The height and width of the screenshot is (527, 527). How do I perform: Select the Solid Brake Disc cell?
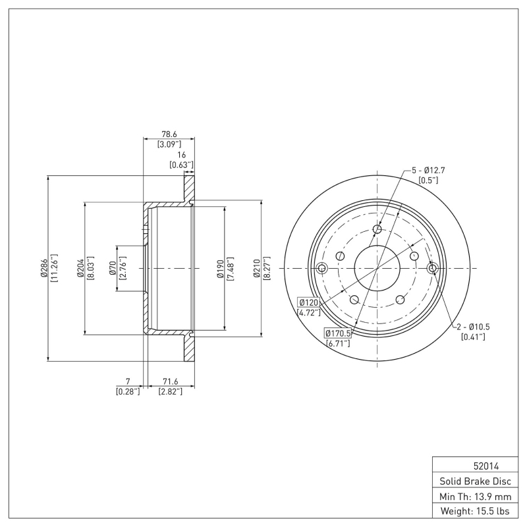click(x=474, y=481)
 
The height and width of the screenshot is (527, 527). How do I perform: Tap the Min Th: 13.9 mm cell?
click(x=474, y=495)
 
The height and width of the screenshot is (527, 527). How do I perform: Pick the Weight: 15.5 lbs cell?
click(x=474, y=511)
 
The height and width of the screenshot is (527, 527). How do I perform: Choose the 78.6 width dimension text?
click(x=169, y=134)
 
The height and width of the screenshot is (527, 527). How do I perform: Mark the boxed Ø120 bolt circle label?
click(x=309, y=302)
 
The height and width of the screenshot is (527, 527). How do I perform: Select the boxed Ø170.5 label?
click(x=337, y=333)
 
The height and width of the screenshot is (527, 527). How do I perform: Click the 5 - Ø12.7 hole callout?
click(x=429, y=170)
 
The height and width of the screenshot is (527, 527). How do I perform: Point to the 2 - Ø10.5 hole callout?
click(x=473, y=327)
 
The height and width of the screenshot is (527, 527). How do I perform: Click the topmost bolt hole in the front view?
click(x=377, y=229)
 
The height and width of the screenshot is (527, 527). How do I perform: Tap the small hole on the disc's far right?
click(x=432, y=268)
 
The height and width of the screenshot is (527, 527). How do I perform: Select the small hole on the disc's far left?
click(x=322, y=268)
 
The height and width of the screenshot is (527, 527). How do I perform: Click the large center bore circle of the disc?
click(x=377, y=268)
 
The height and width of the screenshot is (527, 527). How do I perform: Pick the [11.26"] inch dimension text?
click(x=55, y=269)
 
